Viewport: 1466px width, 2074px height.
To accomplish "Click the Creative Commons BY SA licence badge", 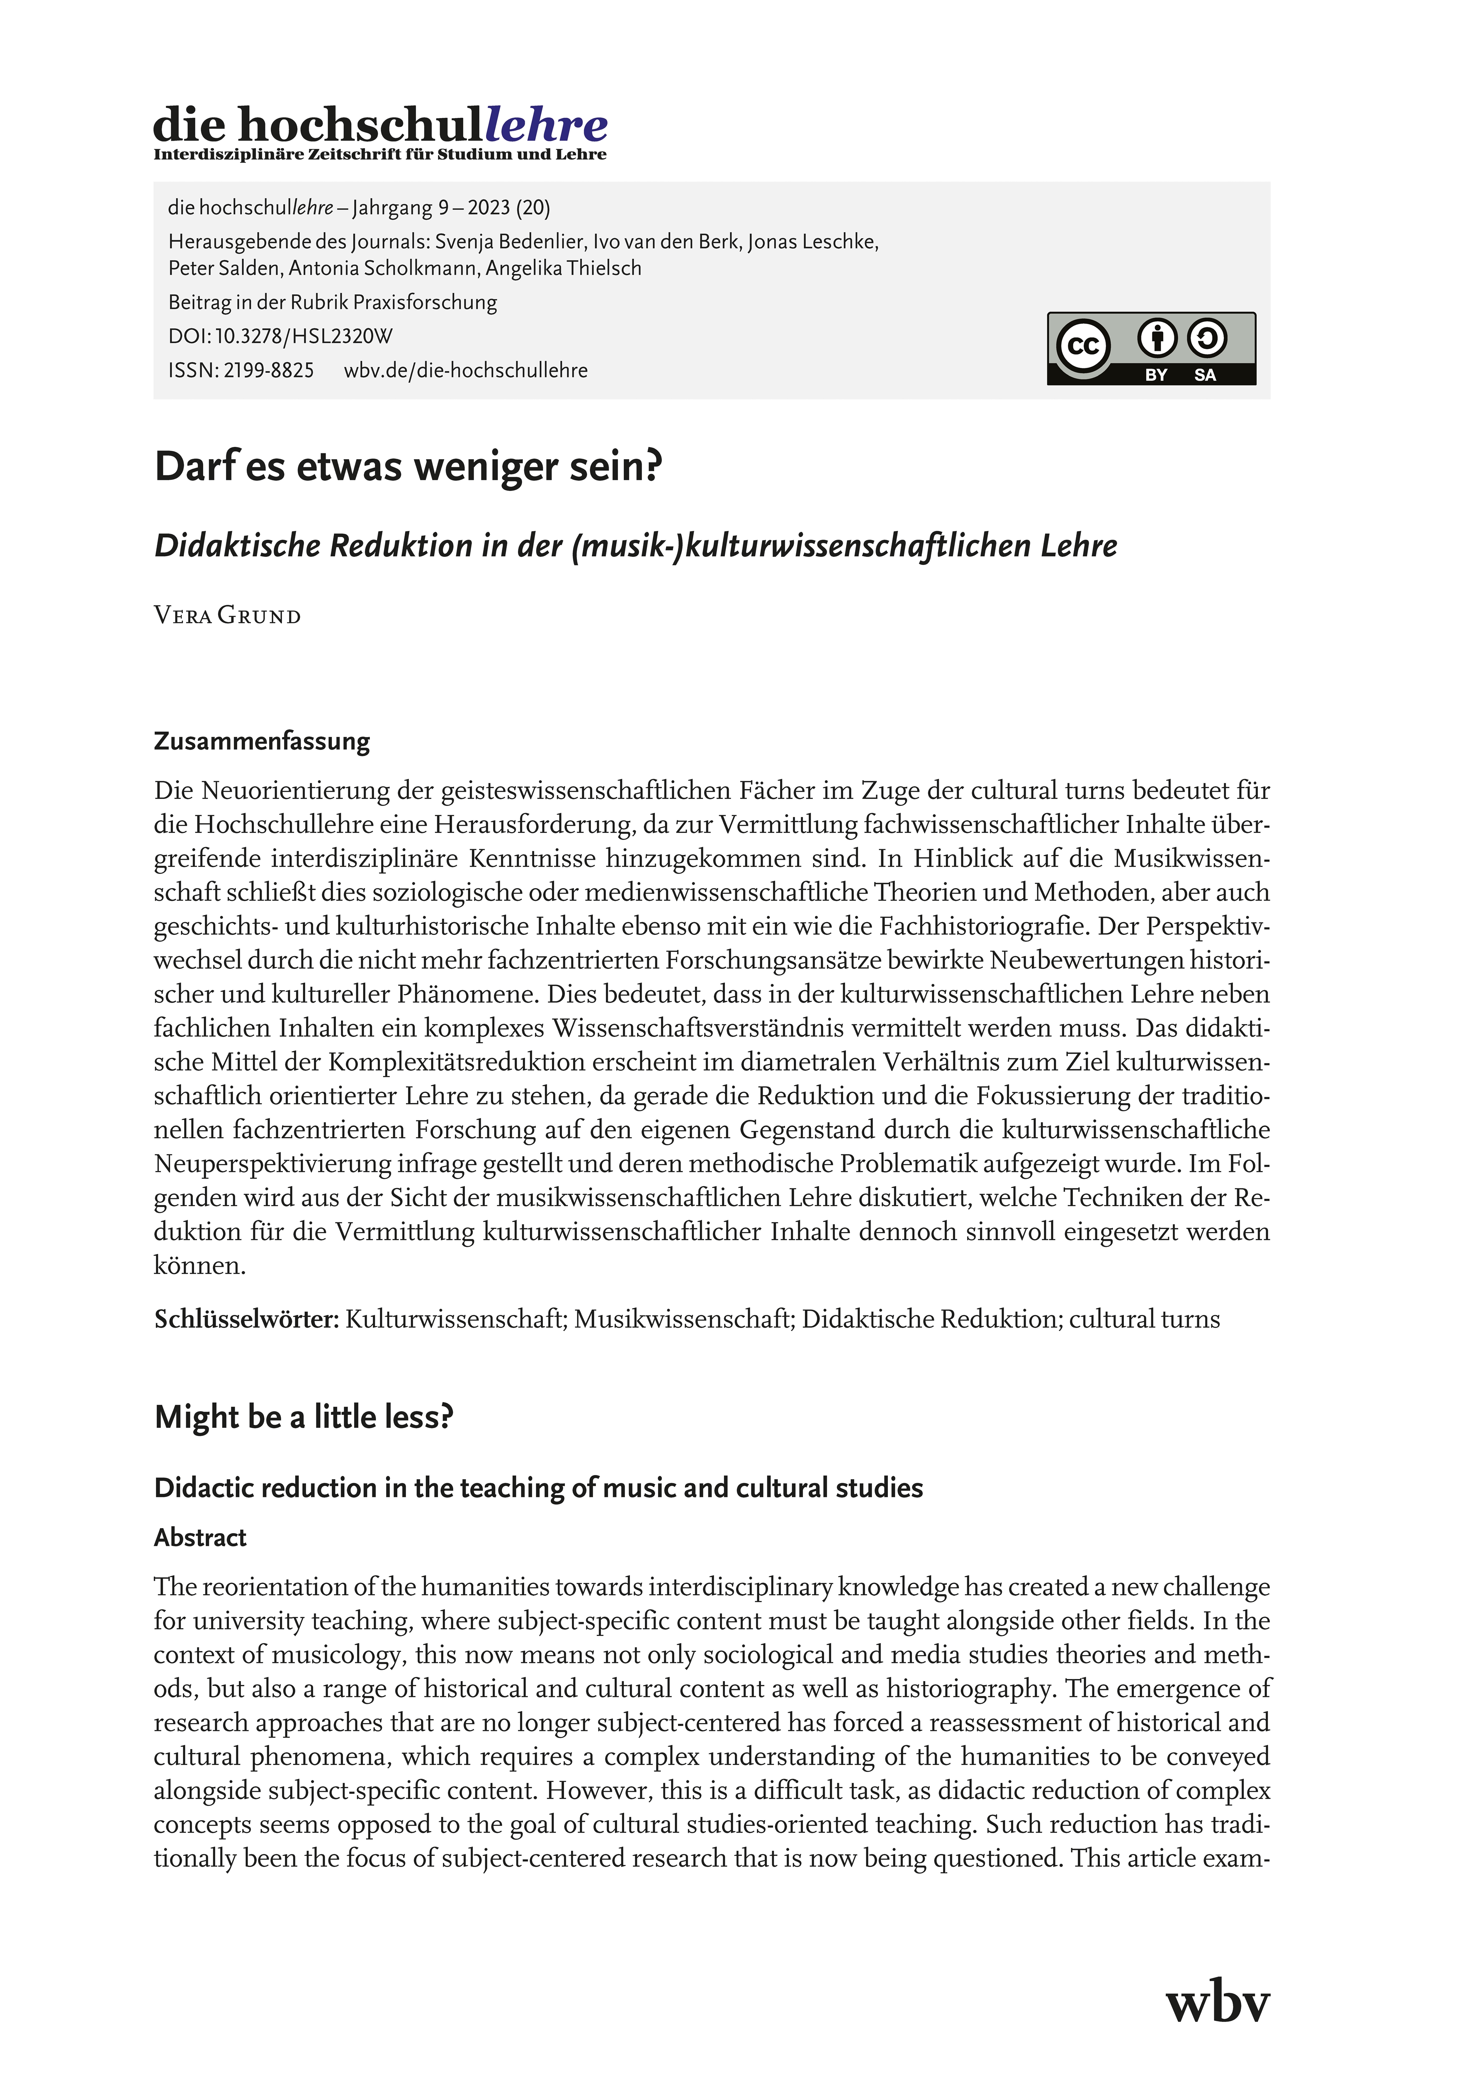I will (x=1151, y=349).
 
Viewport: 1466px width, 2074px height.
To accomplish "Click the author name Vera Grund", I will (x=228, y=616).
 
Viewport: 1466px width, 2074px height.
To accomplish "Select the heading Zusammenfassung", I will (x=262, y=742).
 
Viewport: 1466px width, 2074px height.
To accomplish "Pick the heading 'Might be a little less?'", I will (x=304, y=1417).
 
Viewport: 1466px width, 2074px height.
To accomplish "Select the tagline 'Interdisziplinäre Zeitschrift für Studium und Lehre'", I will (x=379, y=154).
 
